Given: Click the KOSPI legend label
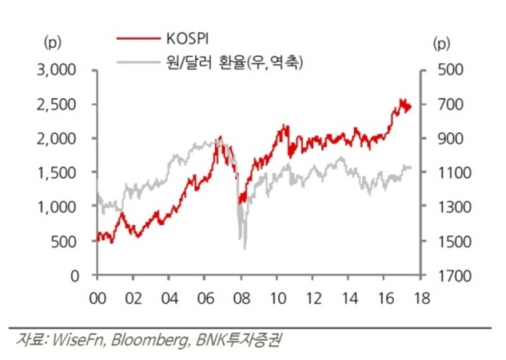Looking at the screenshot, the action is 188,38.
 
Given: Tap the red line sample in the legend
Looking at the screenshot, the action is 139,38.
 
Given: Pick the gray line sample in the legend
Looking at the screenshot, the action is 139,62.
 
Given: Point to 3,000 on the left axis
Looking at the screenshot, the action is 56,70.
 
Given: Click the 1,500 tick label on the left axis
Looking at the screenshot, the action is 57,173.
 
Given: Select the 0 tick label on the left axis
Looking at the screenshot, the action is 75,276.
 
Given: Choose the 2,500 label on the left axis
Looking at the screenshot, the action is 56,104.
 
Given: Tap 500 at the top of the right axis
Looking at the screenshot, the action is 451,70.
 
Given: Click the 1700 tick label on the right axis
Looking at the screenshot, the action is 455,276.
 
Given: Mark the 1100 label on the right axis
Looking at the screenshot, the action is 455,173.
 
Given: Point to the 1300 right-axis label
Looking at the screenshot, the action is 455,206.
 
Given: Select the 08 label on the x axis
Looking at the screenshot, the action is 241,298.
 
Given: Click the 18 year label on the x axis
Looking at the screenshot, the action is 421,298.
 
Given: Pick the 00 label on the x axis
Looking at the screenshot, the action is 97,298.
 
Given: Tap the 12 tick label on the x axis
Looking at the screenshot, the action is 313,298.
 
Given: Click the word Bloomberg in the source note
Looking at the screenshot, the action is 150,341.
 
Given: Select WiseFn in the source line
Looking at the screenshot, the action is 79,340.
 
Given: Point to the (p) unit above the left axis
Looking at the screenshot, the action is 52,42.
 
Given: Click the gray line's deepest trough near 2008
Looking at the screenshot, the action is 244,249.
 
